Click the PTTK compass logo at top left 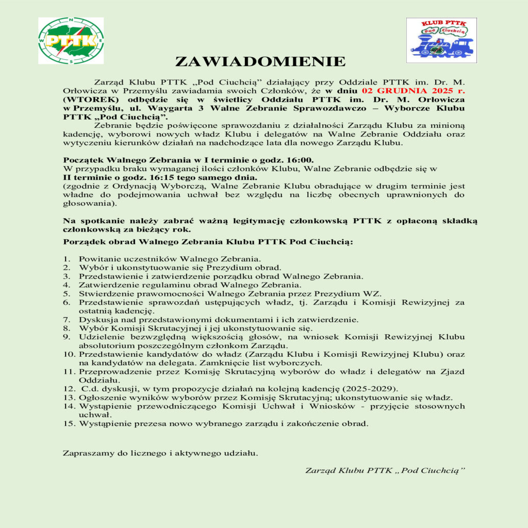[x=71, y=41]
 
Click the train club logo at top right [x=441, y=40]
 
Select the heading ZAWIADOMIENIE [x=260, y=62]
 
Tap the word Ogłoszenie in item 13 [x=103, y=398]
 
